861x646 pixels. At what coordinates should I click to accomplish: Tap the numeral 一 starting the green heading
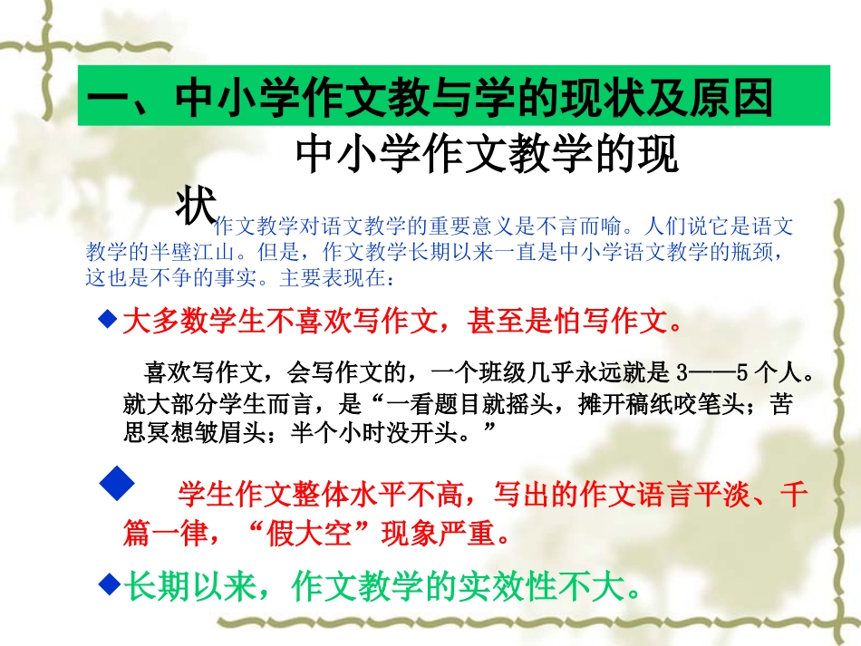[111, 98]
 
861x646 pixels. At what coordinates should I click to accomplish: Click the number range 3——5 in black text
[716, 372]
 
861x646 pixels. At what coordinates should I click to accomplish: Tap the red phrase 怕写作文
[612, 320]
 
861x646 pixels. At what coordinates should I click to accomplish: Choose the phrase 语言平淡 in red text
[688, 495]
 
